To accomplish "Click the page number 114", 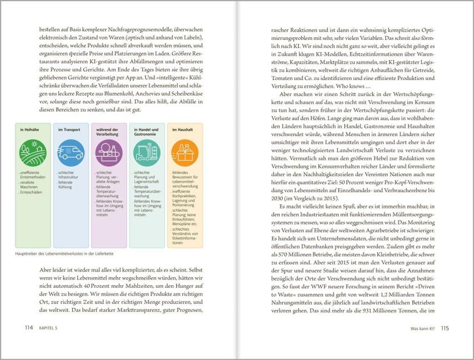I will coord(29,328).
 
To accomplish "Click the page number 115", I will coord(444,328).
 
